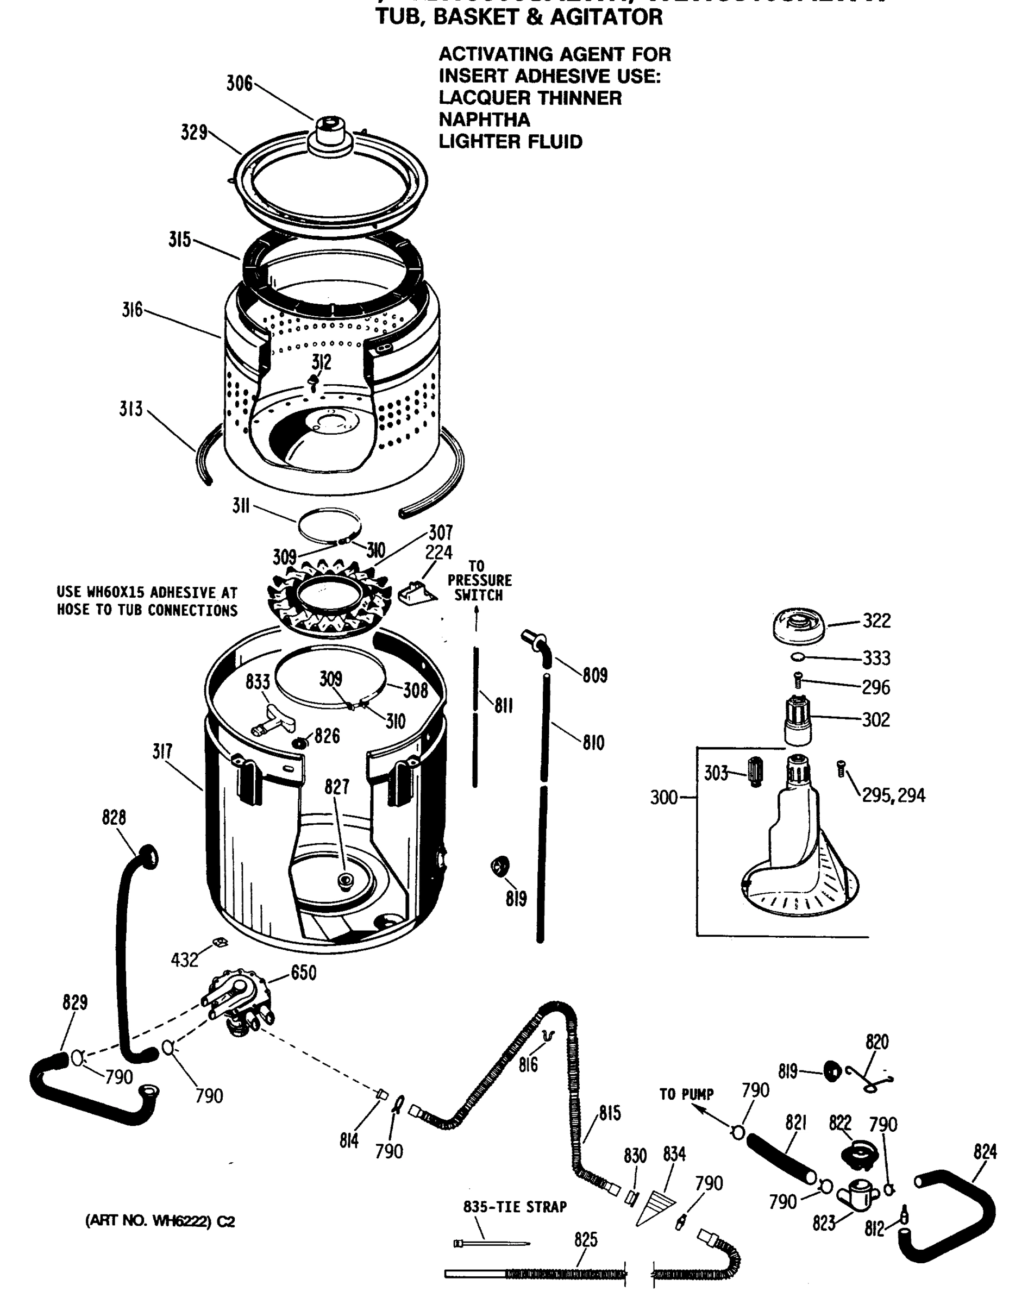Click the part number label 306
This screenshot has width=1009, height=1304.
(x=239, y=84)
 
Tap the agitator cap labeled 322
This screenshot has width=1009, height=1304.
(x=799, y=626)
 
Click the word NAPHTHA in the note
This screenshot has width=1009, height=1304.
(x=484, y=120)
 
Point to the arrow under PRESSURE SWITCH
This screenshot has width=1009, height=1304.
(x=477, y=618)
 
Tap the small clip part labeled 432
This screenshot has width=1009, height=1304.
(x=220, y=942)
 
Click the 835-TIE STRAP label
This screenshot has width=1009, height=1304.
(x=515, y=1207)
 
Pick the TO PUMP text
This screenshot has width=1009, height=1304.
(x=686, y=1094)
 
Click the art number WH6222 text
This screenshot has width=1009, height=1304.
(x=160, y=1221)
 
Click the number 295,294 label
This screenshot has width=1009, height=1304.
(x=893, y=795)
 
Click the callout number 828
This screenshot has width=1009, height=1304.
(x=114, y=817)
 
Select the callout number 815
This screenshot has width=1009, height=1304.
(x=610, y=1113)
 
